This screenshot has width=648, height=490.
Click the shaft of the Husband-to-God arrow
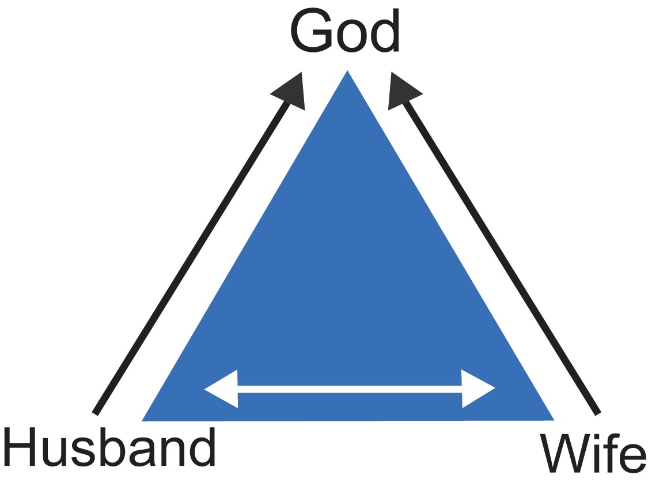(190, 259)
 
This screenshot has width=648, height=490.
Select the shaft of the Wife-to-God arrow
(501, 259)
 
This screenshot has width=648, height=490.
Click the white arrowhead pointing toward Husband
(222, 389)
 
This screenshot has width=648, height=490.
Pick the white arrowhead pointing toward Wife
(477, 389)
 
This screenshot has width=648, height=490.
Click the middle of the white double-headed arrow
(349, 390)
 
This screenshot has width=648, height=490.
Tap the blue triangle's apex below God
(347, 75)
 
